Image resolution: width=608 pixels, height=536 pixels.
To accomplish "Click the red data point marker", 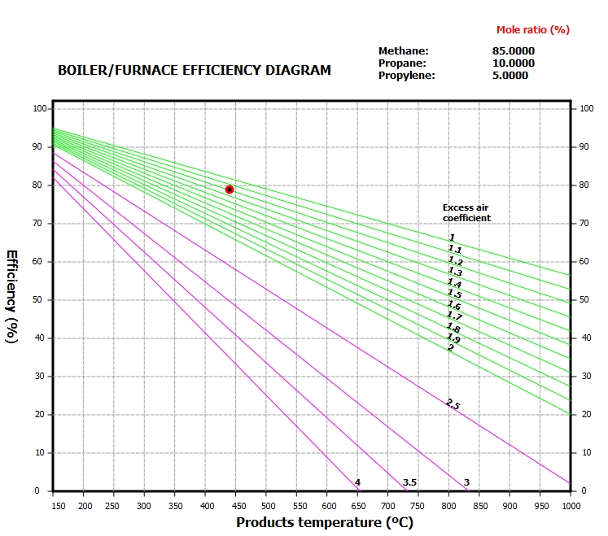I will click(x=230, y=190).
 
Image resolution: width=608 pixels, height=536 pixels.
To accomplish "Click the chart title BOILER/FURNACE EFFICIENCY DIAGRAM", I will click(x=195, y=70).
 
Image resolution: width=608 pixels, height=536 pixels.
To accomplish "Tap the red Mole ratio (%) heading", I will click(x=533, y=30).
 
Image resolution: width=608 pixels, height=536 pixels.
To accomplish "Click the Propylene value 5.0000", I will click(x=510, y=76).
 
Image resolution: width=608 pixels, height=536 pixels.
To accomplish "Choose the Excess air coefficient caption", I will click(x=466, y=213).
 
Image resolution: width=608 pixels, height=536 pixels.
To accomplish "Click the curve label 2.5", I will click(x=453, y=403).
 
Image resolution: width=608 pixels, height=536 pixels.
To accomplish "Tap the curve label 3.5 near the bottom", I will click(x=409, y=482).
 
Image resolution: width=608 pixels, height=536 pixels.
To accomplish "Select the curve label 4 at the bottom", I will click(x=357, y=482).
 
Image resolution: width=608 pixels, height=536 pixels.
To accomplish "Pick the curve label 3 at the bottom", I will click(x=466, y=482).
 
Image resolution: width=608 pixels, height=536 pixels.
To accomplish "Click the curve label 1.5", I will click(x=454, y=293).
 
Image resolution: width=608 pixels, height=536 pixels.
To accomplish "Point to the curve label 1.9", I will click(x=453, y=338).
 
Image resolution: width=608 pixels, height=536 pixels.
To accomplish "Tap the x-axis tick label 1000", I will click(x=570, y=506).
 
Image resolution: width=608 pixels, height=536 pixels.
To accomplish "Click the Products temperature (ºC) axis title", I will click(x=326, y=522).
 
